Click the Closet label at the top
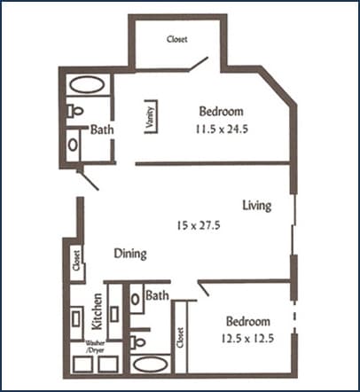177,40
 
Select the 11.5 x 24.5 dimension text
221,128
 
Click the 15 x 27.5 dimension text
198,226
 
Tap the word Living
256,206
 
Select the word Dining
129,255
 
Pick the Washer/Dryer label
96,347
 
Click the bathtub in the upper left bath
86,86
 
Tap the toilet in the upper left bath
76,112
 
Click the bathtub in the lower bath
149,364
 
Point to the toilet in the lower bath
138,339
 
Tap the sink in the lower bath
136,300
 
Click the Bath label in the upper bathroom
101,129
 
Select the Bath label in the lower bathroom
158,294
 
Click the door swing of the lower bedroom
204,288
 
